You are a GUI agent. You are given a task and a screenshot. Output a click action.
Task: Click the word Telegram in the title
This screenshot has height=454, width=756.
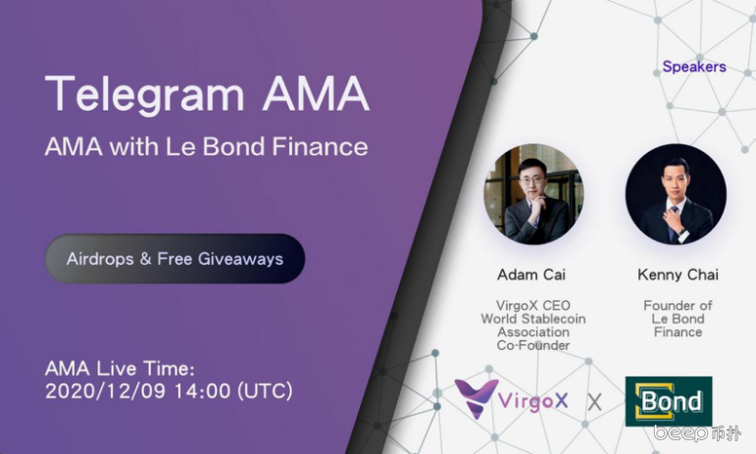click(x=145, y=95)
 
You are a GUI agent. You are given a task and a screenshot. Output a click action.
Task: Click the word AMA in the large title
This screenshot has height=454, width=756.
click(x=316, y=93)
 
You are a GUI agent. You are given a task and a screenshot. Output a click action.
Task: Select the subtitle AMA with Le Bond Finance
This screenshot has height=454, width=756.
click(x=206, y=146)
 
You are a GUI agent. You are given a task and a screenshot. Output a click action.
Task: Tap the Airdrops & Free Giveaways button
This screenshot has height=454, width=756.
click(x=175, y=259)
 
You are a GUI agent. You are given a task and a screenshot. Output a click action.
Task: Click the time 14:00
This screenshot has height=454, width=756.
click(x=202, y=391)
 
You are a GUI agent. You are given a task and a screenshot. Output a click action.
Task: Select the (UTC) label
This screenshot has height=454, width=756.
click(x=265, y=391)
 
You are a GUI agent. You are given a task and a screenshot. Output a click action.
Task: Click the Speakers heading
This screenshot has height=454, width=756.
click(x=694, y=67)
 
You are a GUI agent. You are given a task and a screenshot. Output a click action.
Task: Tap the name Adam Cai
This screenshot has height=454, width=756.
click(x=531, y=275)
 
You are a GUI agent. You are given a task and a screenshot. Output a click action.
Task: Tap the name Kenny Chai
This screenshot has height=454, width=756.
click(x=678, y=275)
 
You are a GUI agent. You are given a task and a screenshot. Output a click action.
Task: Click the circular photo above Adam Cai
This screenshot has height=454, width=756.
click(x=533, y=194)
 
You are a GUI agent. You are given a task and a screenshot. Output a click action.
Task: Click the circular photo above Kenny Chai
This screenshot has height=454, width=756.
click(x=676, y=194)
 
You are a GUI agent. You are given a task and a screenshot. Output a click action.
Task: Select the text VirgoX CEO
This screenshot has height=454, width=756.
click(x=533, y=306)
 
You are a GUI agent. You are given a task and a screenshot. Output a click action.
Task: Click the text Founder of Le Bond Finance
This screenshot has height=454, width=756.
click(x=678, y=319)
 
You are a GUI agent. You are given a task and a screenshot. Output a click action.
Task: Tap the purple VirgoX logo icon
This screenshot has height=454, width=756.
click(x=476, y=398)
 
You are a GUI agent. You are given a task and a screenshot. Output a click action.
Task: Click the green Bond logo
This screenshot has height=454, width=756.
click(x=669, y=401)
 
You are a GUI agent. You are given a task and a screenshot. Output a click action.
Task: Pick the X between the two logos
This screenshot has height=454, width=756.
click(x=595, y=401)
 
